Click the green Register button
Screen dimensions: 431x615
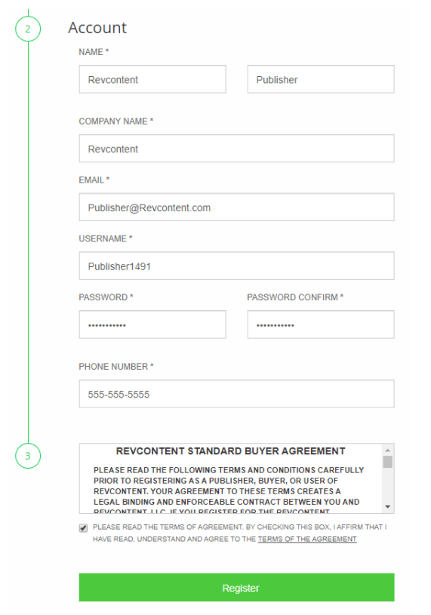click(x=236, y=588)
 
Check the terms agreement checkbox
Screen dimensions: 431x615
click(x=83, y=527)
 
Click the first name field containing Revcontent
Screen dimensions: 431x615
click(x=152, y=79)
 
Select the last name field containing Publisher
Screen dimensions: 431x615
click(x=320, y=79)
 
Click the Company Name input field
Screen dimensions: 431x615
click(x=236, y=149)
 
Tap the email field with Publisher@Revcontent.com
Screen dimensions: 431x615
click(x=236, y=208)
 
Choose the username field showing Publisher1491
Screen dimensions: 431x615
click(x=236, y=266)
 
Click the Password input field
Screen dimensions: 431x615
click(x=152, y=324)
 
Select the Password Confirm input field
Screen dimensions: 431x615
click(x=320, y=324)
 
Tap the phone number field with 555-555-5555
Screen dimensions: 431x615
click(x=236, y=394)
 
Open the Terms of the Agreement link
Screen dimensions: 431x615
click(x=307, y=540)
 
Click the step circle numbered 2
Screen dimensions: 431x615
click(x=28, y=29)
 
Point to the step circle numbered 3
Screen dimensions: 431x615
click(x=28, y=456)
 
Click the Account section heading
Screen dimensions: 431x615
click(x=97, y=28)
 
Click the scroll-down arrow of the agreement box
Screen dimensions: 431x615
click(x=387, y=506)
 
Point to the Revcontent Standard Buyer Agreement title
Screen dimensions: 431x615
click(x=230, y=451)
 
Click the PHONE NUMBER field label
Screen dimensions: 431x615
click(x=115, y=367)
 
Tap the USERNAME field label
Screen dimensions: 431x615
click(x=105, y=238)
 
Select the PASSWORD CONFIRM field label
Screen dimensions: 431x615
click(x=294, y=297)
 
